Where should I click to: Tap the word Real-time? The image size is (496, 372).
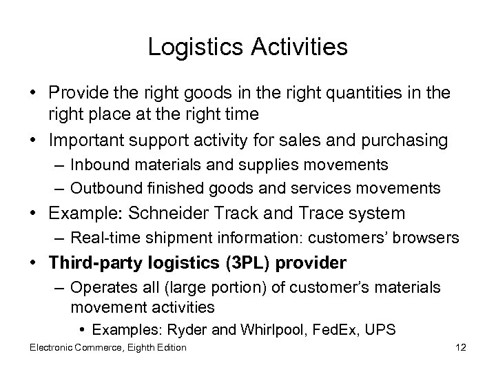[101, 238]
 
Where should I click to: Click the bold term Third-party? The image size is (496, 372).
[103, 264]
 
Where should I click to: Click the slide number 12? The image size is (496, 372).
[462, 347]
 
